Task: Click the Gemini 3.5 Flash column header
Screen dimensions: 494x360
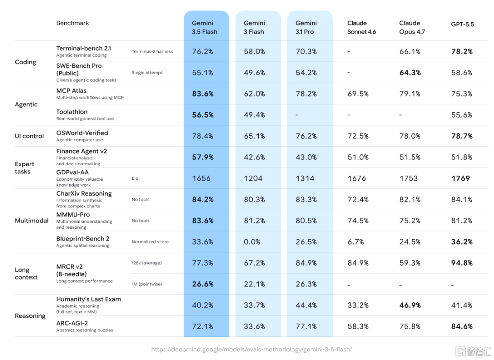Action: (x=204, y=28)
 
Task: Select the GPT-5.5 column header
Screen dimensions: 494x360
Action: (x=462, y=24)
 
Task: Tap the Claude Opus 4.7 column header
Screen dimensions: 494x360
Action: (x=412, y=28)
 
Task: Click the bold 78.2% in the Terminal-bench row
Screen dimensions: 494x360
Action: (x=462, y=51)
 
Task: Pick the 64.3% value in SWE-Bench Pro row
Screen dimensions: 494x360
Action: (x=410, y=72)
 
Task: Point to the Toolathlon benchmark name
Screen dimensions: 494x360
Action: (x=72, y=112)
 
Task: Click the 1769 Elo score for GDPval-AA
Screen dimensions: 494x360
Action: (x=460, y=178)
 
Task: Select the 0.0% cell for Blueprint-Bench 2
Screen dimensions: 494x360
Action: (x=252, y=242)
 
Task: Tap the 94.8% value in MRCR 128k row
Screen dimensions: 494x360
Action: (x=462, y=263)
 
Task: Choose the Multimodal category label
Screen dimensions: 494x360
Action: (x=32, y=221)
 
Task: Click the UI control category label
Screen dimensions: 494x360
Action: (x=29, y=136)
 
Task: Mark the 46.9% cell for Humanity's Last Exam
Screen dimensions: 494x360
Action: (x=410, y=305)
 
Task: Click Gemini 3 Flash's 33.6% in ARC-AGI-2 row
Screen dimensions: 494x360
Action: (x=254, y=326)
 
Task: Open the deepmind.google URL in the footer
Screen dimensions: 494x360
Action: (x=252, y=349)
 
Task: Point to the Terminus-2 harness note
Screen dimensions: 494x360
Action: (x=152, y=51)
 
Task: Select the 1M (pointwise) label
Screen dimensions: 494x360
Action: (x=147, y=284)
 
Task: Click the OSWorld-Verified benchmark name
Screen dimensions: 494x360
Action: (x=82, y=133)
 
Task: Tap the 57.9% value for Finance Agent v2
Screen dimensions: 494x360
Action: (x=203, y=157)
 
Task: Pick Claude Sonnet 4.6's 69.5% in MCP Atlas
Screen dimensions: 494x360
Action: (x=358, y=94)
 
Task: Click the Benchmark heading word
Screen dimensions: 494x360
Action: (x=72, y=23)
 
